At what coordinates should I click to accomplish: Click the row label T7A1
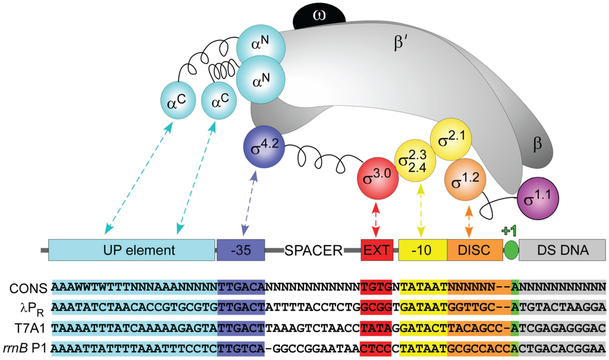[28, 326]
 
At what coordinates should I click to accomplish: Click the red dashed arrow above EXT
[375, 221]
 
